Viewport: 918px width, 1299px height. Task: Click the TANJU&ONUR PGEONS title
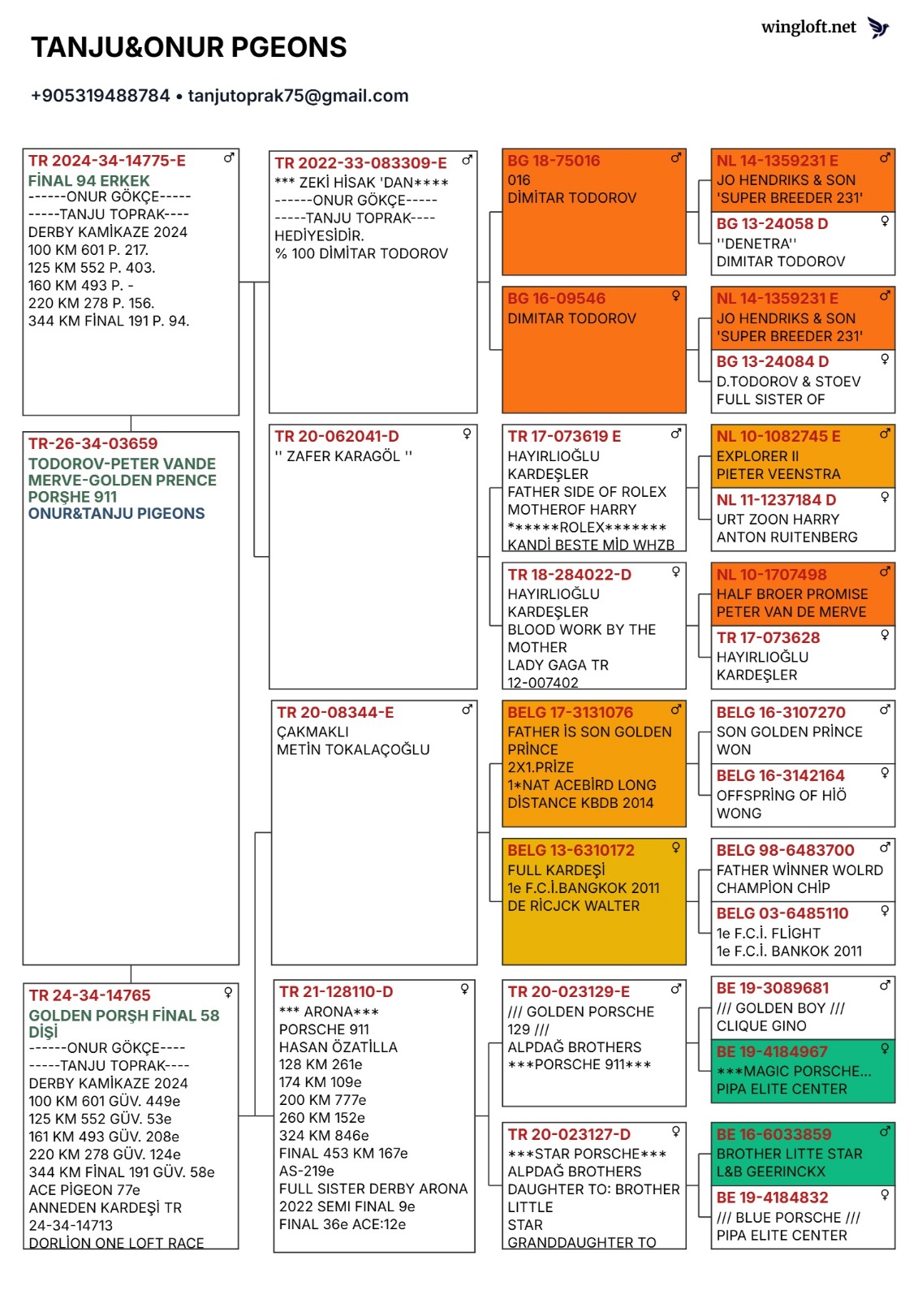[x=188, y=48]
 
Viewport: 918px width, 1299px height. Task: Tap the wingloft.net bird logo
[x=878, y=28]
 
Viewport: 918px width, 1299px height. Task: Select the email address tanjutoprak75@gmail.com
[x=298, y=96]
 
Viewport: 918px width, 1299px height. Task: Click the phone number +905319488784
[x=101, y=96]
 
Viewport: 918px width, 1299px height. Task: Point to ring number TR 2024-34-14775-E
[x=107, y=161]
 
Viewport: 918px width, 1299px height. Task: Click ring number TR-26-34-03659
[x=93, y=443]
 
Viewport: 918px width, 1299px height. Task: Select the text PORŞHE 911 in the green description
[x=72, y=497]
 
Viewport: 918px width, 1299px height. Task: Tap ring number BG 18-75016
[x=554, y=161]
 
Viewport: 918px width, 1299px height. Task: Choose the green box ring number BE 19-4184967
[x=772, y=1051]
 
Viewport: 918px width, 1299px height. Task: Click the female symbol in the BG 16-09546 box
[x=675, y=296]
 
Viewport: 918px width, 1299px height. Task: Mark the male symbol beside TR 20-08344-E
[x=467, y=710]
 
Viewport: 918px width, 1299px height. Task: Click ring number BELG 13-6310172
[x=571, y=850]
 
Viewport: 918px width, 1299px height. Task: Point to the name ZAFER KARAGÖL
[x=343, y=456]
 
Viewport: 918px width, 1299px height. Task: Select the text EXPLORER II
[x=757, y=456]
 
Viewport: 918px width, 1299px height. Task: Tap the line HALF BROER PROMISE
[x=791, y=594]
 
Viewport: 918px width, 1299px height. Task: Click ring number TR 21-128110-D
[x=336, y=991]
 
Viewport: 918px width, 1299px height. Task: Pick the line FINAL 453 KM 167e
[x=343, y=1153]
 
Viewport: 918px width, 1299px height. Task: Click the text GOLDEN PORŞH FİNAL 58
[x=124, y=1015]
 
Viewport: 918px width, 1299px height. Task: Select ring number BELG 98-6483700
[x=785, y=850]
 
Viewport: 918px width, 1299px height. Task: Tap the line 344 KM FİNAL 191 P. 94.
[x=109, y=321]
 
